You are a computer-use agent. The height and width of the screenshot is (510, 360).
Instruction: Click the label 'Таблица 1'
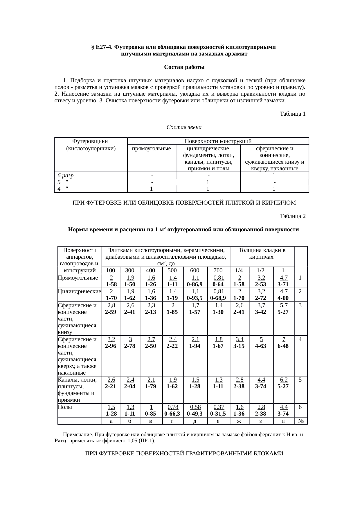tap(292, 114)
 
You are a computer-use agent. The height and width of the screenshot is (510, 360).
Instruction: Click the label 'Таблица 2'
tap(292, 216)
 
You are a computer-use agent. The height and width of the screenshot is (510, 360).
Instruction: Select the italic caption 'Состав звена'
tap(184, 127)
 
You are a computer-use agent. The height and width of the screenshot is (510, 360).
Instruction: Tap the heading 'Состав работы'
tap(184, 67)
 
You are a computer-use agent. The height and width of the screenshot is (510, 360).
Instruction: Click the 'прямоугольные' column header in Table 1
tap(151, 149)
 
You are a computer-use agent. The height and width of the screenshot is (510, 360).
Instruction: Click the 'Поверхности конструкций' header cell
tap(218, 141)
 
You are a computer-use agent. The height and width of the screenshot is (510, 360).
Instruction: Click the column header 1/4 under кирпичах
tap(239, 271)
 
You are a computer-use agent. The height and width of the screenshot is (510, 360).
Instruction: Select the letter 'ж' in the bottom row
tap(239, 421)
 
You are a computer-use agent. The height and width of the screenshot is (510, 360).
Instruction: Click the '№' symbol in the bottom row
tap(301, 421)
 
